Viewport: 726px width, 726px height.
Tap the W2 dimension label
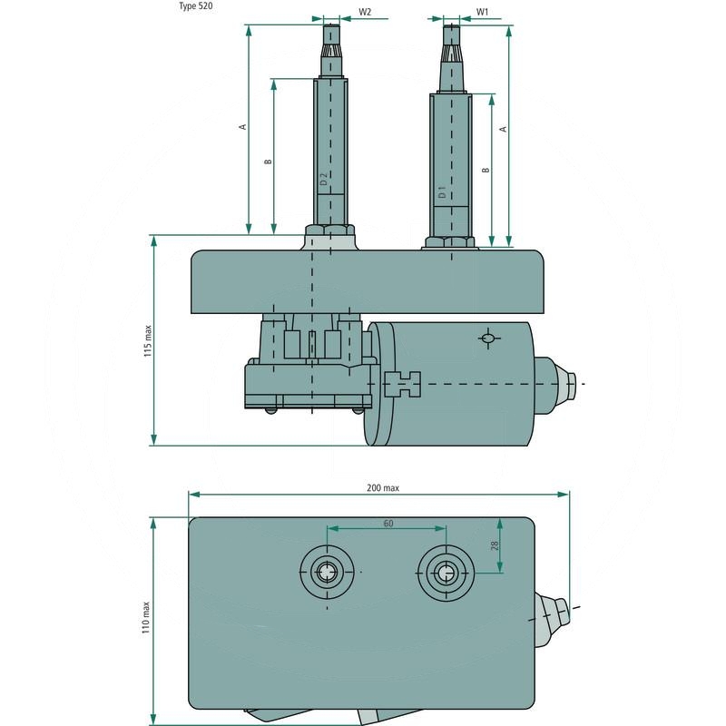[365, 13]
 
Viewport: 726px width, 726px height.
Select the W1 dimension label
[483, 13]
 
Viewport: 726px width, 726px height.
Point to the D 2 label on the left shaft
[323, 180]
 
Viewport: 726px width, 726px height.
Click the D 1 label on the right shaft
[442, 192]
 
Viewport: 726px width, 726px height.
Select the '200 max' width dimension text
[382, 487]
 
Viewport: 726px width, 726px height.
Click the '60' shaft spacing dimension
[388, 524]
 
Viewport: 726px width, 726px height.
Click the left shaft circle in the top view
[325, 572]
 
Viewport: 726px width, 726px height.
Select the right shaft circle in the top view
[444, 572]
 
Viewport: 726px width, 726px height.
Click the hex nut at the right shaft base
[448, 241]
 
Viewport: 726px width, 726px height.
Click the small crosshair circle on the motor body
[488, 339]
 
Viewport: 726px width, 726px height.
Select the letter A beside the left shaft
[242, 126]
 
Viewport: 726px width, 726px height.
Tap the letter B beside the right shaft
[486, 170]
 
